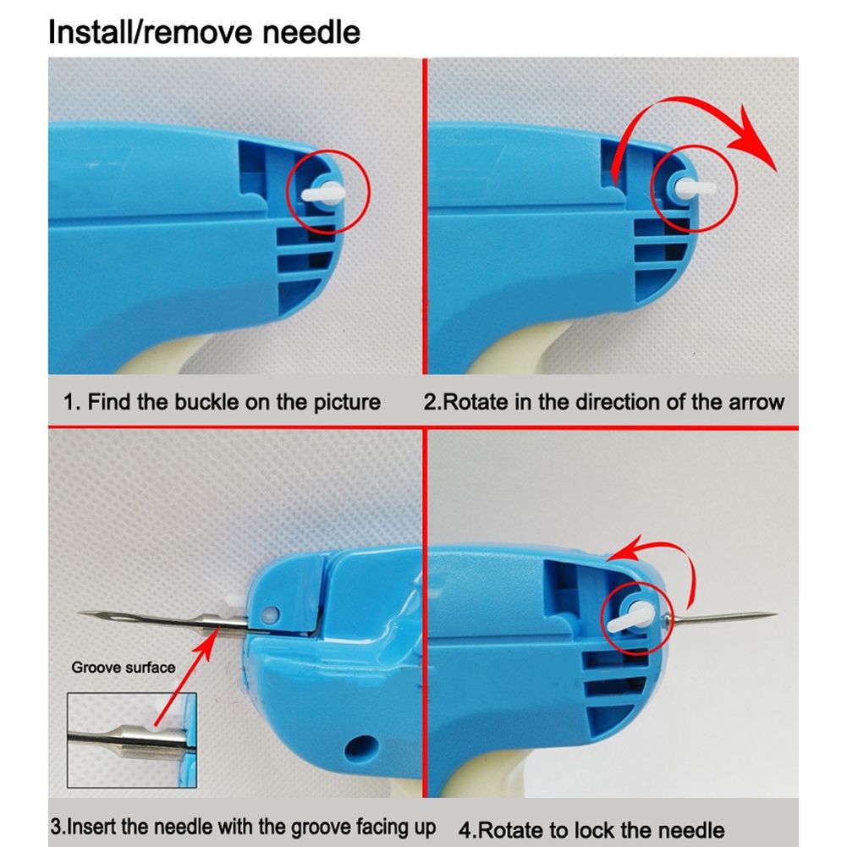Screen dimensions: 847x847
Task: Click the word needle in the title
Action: (311, 32)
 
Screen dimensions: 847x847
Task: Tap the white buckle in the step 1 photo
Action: (322, 193)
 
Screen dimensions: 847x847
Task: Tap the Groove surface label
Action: (124, 668)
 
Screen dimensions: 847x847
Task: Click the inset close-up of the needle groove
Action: (132, 740)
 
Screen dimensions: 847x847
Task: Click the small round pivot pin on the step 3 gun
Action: (269, 614)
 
